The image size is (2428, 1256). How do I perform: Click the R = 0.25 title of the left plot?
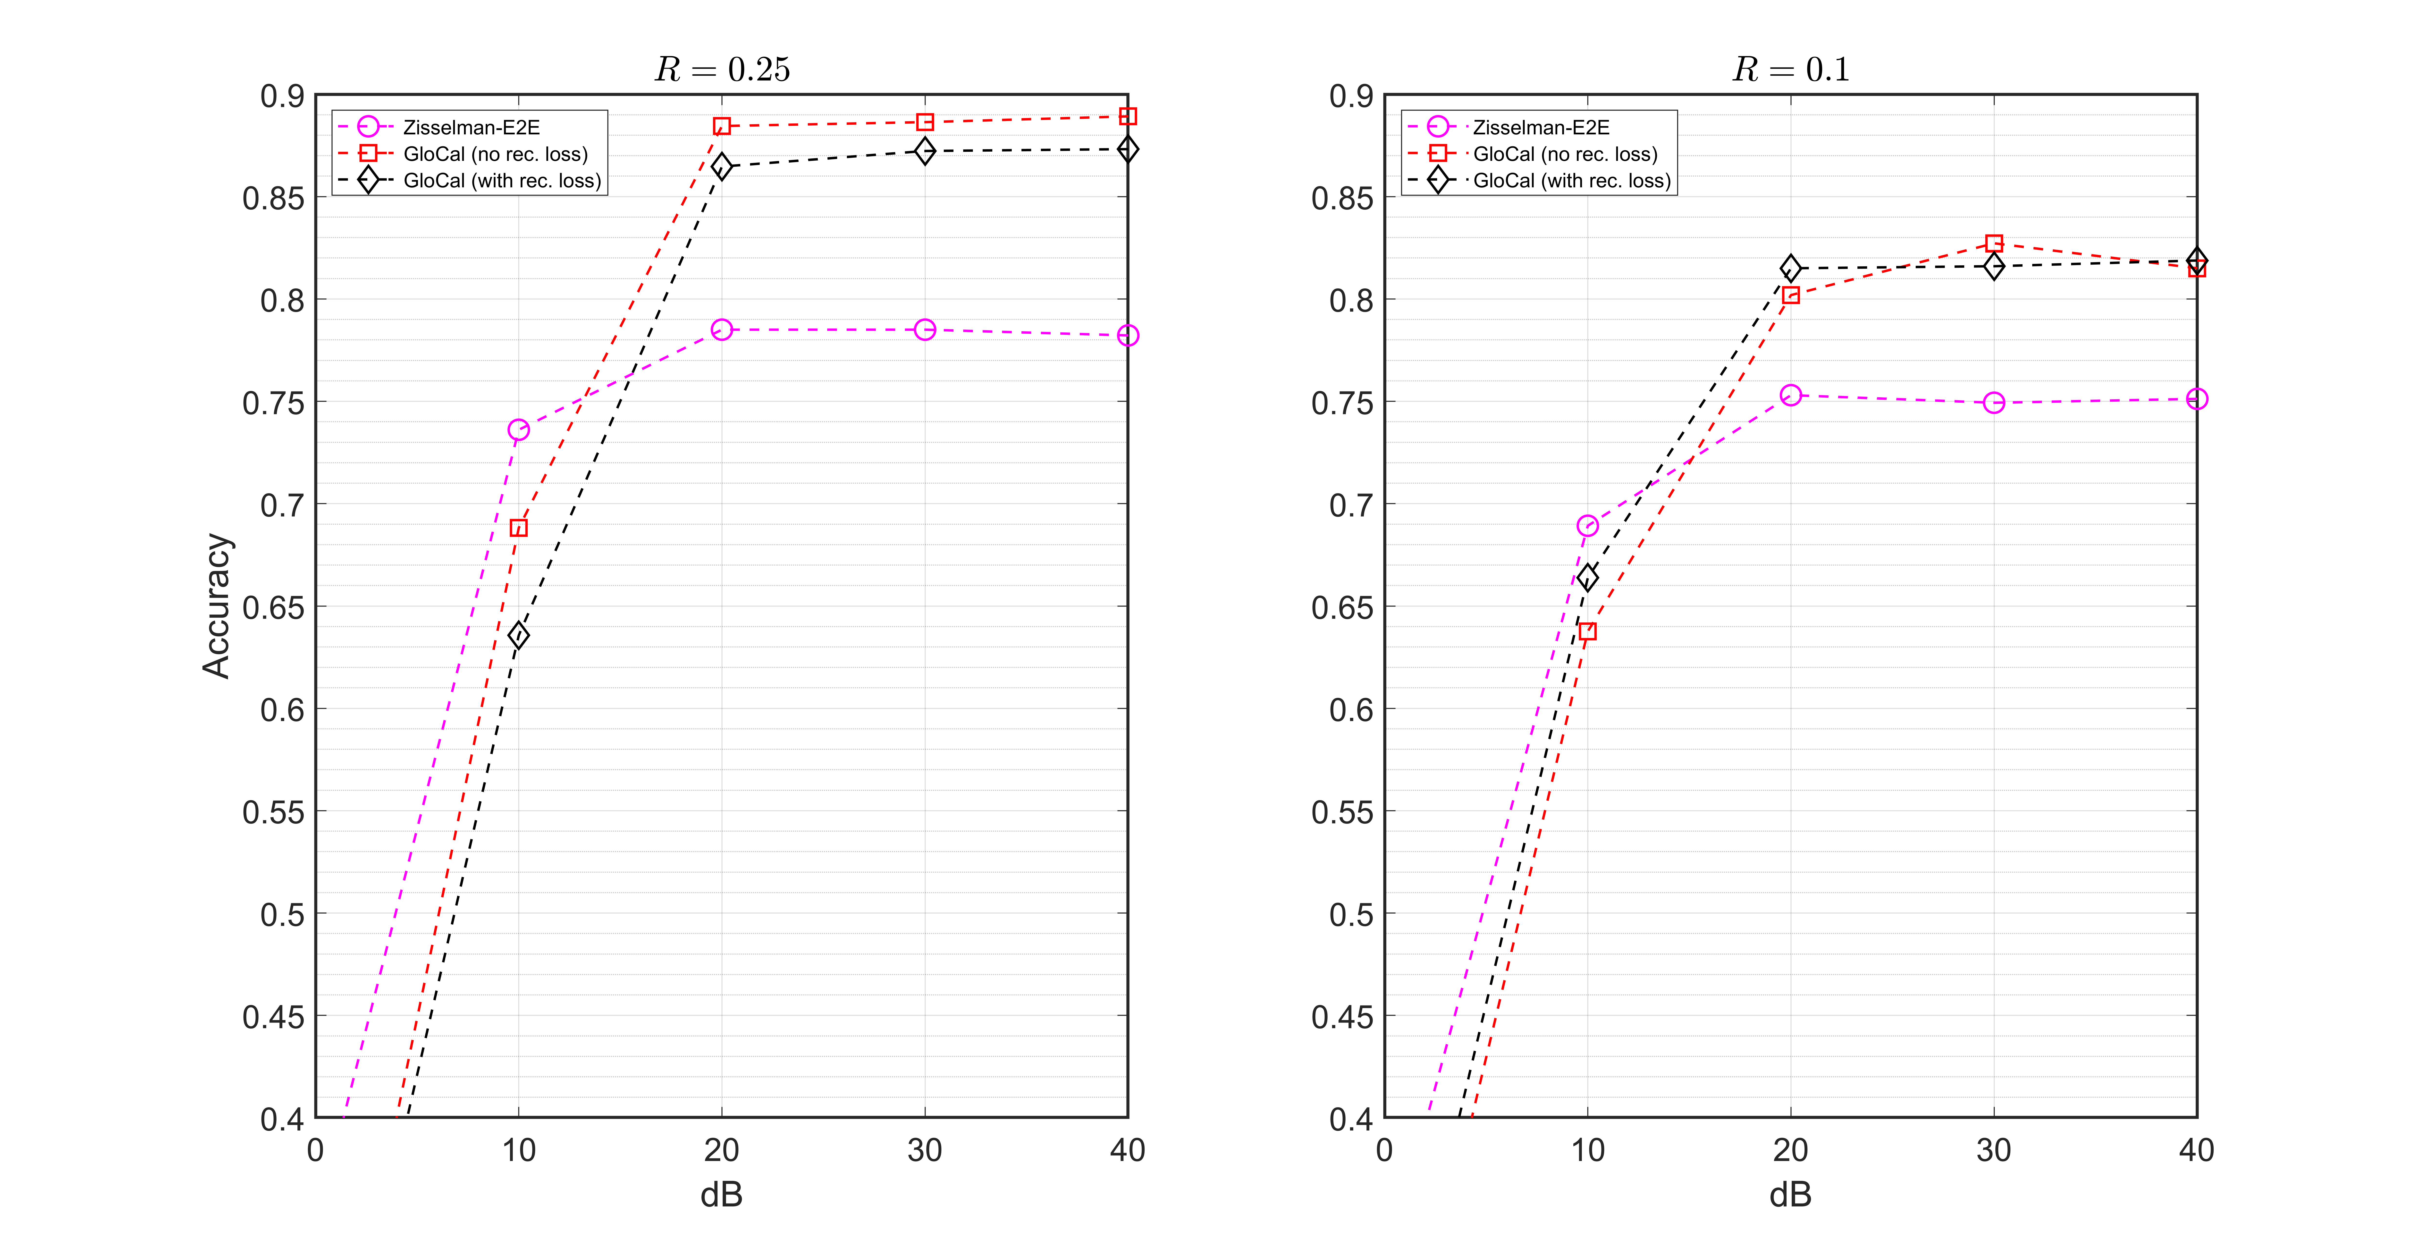[x=722, y=70]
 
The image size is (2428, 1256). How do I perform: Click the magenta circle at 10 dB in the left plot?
[x=518, y=430]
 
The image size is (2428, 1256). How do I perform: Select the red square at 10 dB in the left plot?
[x=518, y=528]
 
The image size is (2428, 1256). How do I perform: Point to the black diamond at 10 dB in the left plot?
[x=518, y=636]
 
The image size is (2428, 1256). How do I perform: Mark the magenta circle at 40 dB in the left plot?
[x=1127, y=336]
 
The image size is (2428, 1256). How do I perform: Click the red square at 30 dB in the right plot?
[x=1993, y=243]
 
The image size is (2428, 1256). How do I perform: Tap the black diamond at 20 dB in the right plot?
[x=1791, y=269]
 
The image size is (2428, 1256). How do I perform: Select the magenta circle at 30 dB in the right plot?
[x=1993, y=403]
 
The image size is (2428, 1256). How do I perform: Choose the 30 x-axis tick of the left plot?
[x=925, y=1150]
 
